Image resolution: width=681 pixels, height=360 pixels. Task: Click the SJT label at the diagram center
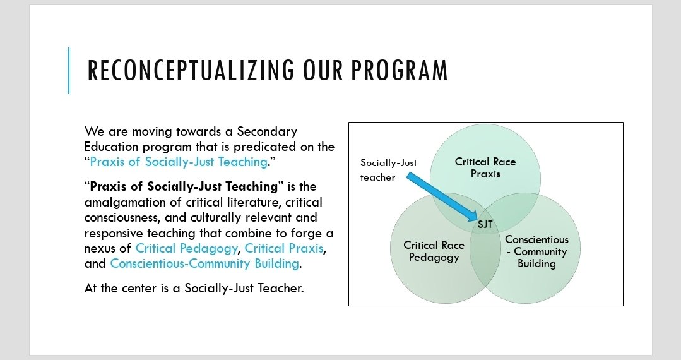pos(485,224)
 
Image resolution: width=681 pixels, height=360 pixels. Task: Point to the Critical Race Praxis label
pos(485,167)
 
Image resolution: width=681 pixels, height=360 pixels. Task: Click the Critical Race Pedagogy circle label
pos(434,251)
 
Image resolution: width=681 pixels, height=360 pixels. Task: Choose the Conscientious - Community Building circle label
pos(536,251)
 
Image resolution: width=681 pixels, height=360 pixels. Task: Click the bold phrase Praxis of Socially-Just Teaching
pos(184,186)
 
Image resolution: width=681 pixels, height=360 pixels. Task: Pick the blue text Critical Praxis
pos(284,248)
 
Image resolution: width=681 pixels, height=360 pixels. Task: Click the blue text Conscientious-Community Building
pos(204,263)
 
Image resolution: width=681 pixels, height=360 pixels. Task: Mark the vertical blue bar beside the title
pos(68,71)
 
